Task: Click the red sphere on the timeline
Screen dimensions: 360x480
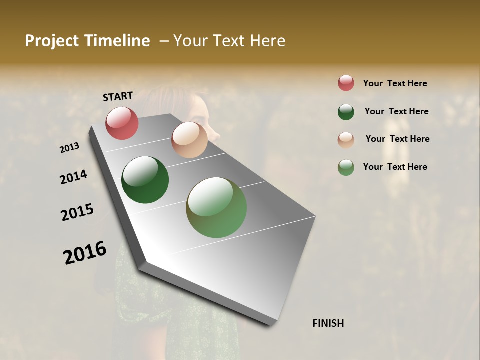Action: [122, 123]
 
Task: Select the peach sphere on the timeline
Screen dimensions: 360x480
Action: [189, 140]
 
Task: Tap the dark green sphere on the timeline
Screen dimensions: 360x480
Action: [145, 180]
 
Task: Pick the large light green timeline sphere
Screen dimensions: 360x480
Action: [216, 207]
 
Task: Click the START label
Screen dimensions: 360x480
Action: [118, 96]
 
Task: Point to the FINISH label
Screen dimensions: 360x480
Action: [328, 323]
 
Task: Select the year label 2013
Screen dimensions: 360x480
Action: [70, 148]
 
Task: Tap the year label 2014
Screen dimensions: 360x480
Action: [73, 177]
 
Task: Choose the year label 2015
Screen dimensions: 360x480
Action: [77, 212]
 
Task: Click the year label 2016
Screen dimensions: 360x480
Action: [85, 253]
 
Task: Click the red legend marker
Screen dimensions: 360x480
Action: [346, 83]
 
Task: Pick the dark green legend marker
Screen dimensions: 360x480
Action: [346, 112]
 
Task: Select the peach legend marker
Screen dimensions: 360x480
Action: [346, 139]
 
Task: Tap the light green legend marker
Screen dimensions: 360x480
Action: [346, 167]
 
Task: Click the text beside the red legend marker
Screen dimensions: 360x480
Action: [395, 84]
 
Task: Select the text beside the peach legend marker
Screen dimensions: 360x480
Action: [397, 139]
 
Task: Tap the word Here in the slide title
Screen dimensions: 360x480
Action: [267, 41]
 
